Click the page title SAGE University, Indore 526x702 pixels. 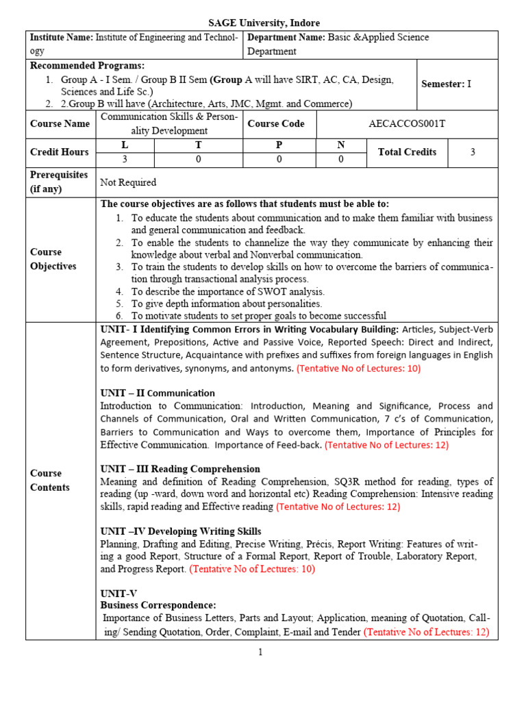264,23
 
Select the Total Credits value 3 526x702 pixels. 473,152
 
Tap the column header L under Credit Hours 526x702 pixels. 125,145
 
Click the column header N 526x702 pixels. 340,145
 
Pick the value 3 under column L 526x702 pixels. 125,159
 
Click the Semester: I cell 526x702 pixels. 447,84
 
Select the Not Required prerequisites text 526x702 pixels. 128,182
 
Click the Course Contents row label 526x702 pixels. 49,480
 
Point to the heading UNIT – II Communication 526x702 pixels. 157,393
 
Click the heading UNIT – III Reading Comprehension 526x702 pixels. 180,469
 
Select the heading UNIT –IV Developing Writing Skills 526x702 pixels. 181,531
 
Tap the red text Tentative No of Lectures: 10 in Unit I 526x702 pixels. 358,367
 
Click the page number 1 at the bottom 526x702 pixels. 260,652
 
